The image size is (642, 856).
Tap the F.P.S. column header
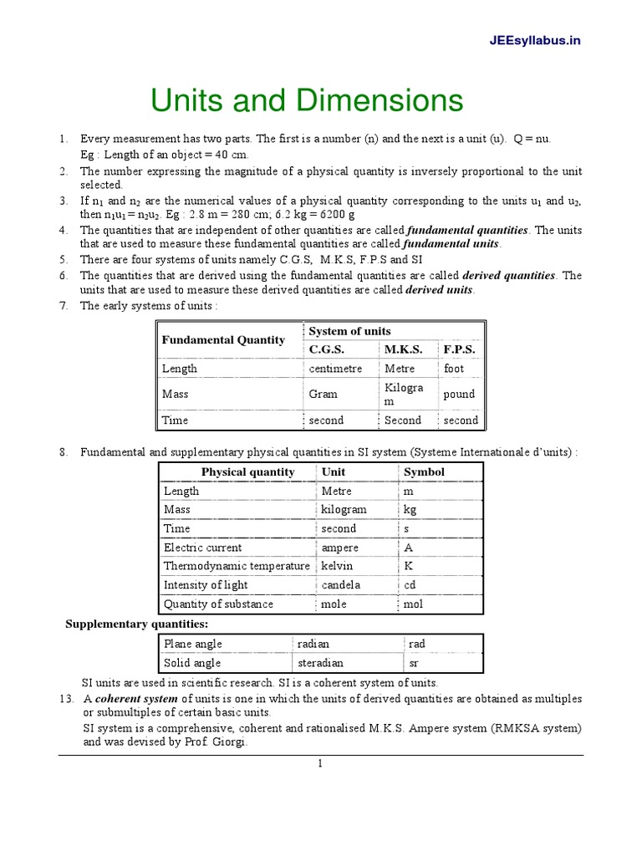click(459, 349)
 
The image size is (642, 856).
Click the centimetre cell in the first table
click(335, 369)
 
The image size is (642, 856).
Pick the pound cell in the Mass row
click(459, 394)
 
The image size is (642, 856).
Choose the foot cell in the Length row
click(454, 369)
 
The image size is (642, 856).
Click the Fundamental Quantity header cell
click(222, 340)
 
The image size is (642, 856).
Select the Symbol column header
click(424, 472)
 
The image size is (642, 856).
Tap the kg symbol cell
click(410, 510)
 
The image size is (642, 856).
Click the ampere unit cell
click(339, 548)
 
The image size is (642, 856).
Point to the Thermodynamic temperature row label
click(237, 567)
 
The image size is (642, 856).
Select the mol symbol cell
click(414, 604)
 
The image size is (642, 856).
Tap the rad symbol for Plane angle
click(417, 645)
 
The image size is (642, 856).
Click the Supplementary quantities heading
click(137, 624)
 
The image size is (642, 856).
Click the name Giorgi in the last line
click(230, 741)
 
